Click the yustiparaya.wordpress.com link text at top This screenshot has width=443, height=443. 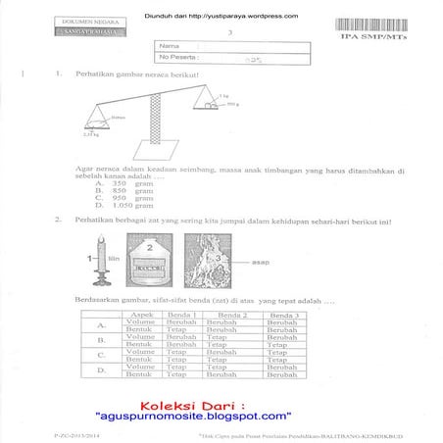point(246,17)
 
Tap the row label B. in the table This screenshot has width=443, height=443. point(101,341)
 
